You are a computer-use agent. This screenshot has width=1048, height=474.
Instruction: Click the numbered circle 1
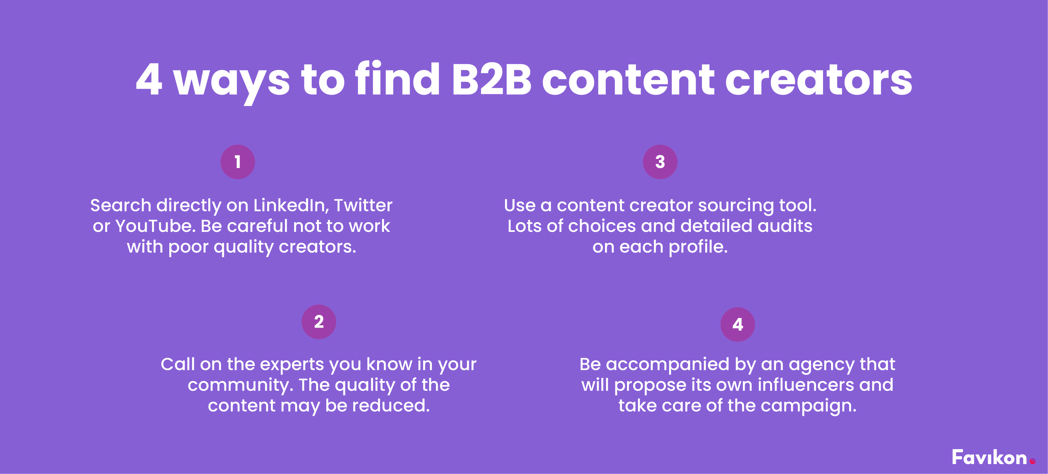(238, 162)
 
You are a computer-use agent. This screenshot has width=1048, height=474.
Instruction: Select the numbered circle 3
(660, 162)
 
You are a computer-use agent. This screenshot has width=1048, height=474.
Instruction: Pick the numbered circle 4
(738, 324)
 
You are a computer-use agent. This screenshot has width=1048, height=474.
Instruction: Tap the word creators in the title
(819, 80)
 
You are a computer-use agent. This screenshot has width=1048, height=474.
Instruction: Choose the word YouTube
(155, 226)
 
